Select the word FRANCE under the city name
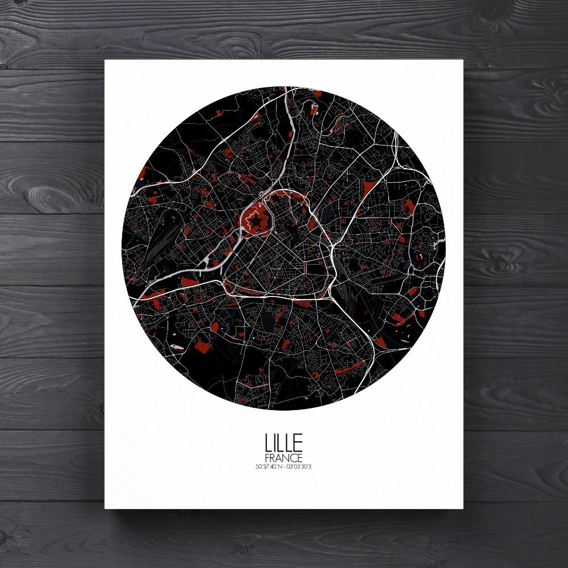pos(283,458)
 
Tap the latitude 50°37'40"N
pos(268,467)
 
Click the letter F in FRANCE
pos(267,458)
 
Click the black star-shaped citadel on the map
pos(257,220)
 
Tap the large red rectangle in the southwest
pos(200,346)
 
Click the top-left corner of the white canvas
pos(105,60)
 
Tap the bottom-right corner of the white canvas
pos(463,508)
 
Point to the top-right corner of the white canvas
pos(463,60)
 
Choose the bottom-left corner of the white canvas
pos(105,508)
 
